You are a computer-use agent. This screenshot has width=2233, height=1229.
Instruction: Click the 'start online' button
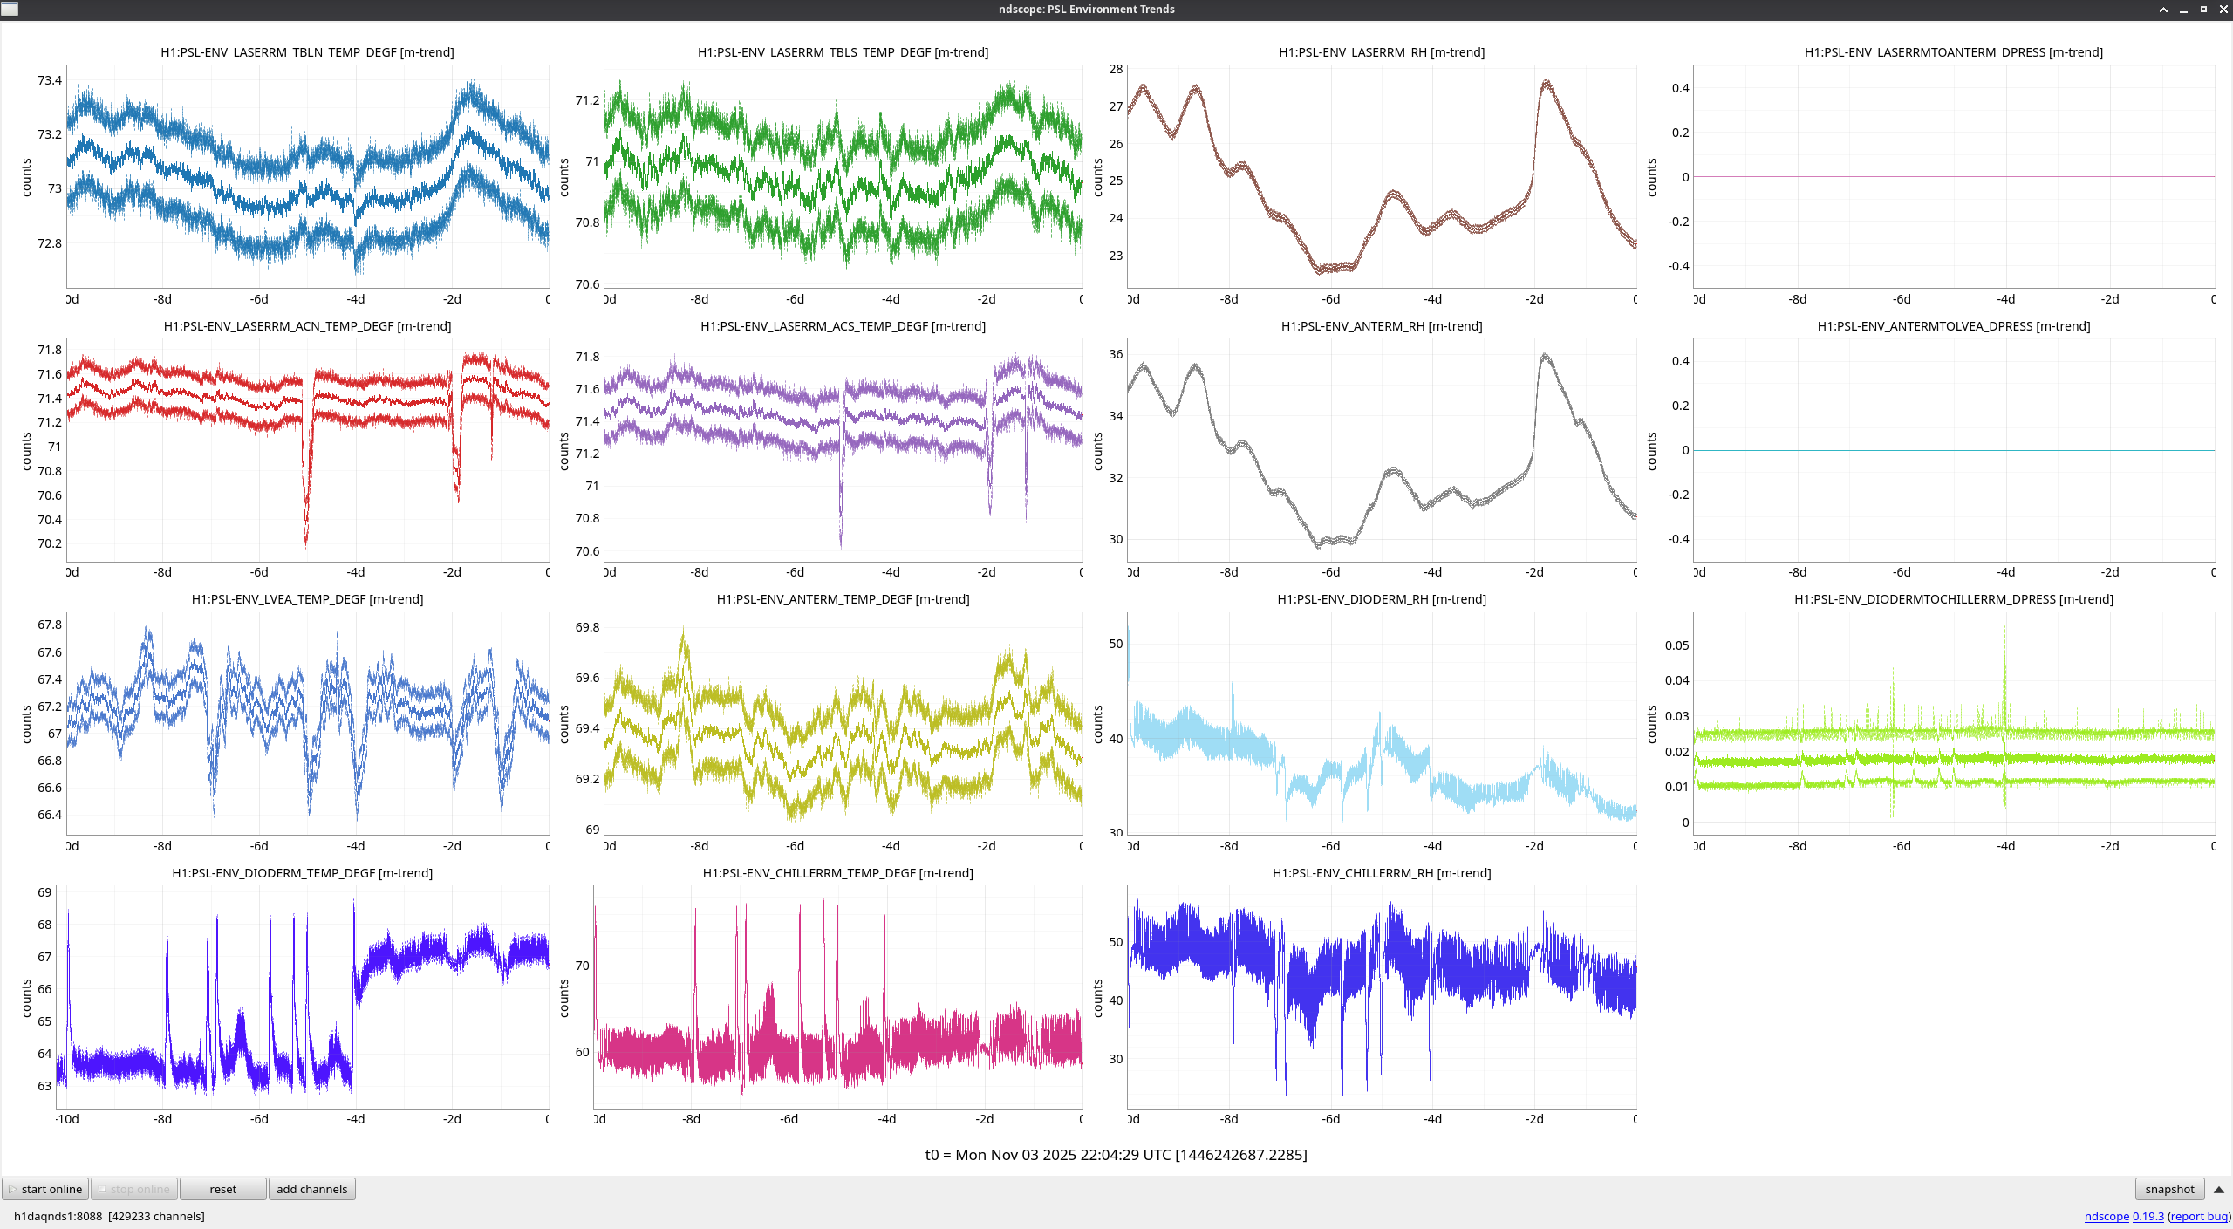coord(46,1189)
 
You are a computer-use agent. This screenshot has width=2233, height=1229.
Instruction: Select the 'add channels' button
coord(311,1189)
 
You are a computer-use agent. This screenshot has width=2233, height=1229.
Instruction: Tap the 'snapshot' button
coord(2169,1189)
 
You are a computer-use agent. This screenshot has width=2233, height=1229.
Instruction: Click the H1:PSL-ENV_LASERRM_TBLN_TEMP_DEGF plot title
coord(307,52)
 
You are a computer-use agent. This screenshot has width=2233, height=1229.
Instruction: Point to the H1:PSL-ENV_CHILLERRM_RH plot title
coord(1381,873)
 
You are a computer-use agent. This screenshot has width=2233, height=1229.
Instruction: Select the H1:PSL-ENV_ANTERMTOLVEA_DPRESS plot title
coord(1953,326)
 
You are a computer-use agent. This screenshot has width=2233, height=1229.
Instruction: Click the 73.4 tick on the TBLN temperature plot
coord(50,80)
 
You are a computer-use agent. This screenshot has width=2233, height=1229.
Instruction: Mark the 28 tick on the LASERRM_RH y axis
coord(1116,70)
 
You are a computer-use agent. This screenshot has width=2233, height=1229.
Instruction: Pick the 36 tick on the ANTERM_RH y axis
coord(1116,354)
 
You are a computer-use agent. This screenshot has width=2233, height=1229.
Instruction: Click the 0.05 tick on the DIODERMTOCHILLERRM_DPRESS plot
coord(1676,645)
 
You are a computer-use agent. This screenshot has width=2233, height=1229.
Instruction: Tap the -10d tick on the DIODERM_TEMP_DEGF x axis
coord(67,1119)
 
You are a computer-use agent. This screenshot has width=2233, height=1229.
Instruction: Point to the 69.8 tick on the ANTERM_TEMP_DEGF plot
coord(587,627)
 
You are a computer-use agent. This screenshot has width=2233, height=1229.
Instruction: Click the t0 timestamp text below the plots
coord(1116,1155)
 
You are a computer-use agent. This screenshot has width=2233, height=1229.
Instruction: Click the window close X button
coord(2223,10)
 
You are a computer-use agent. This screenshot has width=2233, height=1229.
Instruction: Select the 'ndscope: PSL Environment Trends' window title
coord(1086,10)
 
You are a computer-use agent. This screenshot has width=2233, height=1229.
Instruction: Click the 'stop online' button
coord(135,1189)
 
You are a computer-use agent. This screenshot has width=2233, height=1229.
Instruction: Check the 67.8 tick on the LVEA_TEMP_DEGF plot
coord(50,625)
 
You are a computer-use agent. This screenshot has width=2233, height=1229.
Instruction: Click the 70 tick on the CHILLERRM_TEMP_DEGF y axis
coord(582,966)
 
